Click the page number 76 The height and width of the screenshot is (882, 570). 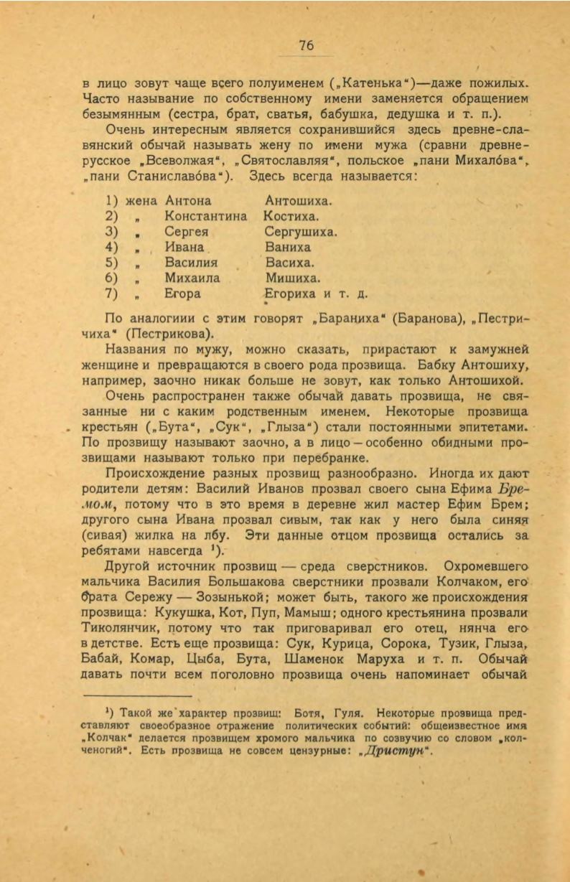point(306,45)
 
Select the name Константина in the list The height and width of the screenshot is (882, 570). point(205,216)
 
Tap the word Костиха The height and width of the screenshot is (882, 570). point(291,216)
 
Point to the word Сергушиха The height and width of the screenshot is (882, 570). point(301,232)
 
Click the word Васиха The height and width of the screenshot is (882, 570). point(288,263)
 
